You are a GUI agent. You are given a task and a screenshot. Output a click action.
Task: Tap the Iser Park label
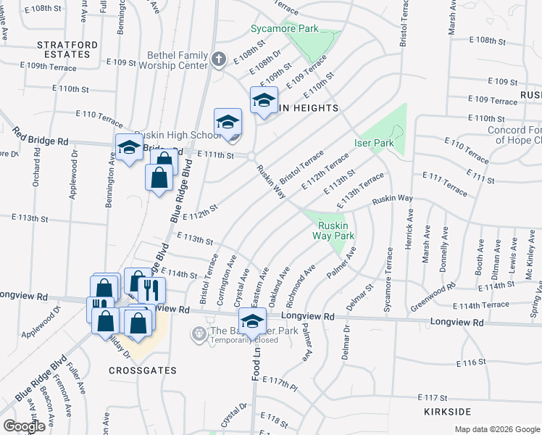[x=374, y=143]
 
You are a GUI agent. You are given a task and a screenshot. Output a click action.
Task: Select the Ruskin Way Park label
[x=333, y=231]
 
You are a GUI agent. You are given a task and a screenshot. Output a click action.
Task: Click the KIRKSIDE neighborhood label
[x=448, y=411]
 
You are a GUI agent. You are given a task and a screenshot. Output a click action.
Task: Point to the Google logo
[x=24, y=426]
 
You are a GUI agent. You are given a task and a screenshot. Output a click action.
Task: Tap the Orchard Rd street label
[x=36, y=184]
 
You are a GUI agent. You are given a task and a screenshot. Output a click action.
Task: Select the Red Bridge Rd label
[x=38, y=138]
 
